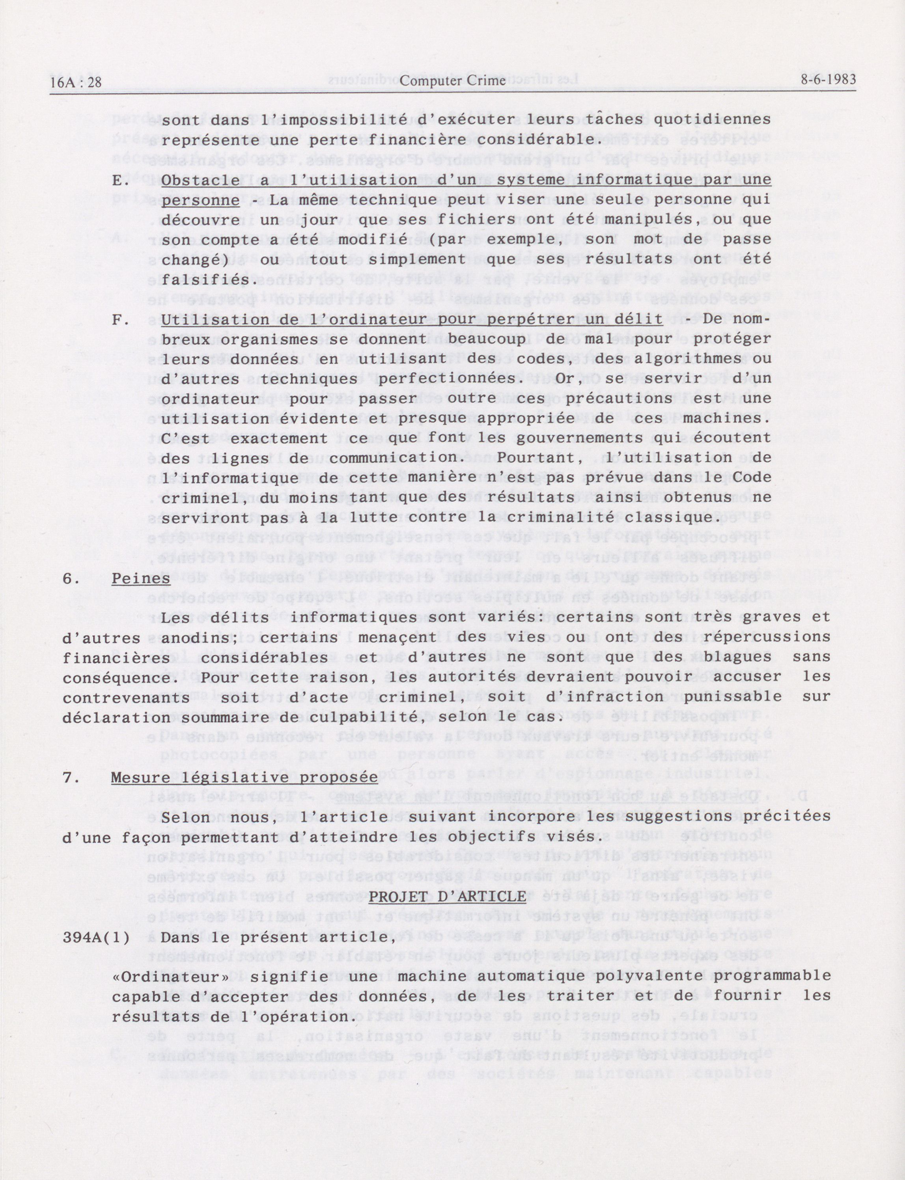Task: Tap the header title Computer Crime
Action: coord(453,81)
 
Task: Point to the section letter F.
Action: coord(119,319)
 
